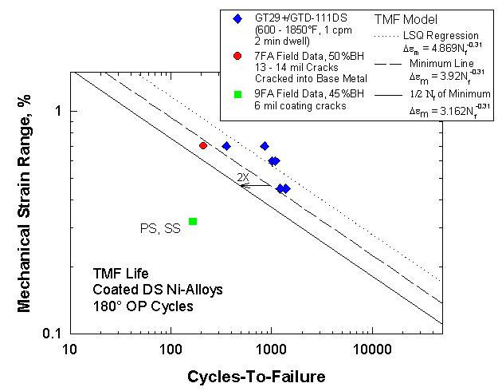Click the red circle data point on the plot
(x=203, y=145)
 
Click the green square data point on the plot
(x=193, y=221)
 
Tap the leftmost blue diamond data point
(x=226, y=146)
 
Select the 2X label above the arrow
(x=243, y=176)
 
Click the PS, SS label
(x=160, y=229)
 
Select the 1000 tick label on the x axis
(x=271, y=349)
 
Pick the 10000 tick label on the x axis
(x=371, y=349)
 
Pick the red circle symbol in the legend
(x=237, y=56)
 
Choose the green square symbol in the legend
(x=237, y=95)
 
